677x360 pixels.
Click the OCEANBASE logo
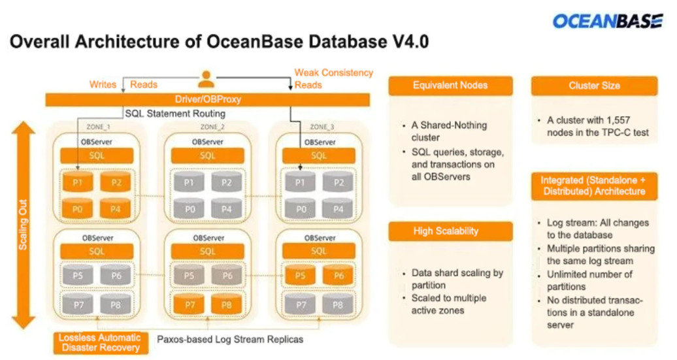click(x=607, y=21)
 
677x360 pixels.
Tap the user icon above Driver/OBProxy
click(x=206, y=80)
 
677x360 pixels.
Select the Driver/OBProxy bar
click(x=206, y=100)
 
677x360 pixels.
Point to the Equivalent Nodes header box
click(x=450, y=86)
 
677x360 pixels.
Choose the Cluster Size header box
click(x=594, y=86)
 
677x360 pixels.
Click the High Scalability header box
click(x=450, y=231)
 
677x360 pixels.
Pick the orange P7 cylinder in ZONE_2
click(x=189, y=304)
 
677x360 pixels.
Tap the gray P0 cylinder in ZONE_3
click(x=300, y=210)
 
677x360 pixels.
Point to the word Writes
click(x=103, y=84)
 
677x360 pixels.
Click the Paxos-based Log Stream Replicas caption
click(x=230, y=340)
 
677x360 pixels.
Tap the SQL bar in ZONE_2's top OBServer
click(x=207, y=155)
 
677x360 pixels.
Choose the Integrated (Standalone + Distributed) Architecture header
click(x=593, y=186)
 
